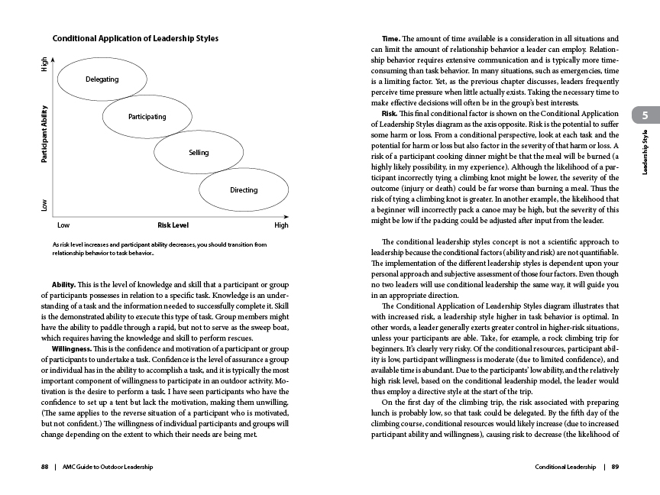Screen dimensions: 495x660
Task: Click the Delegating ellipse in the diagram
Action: [102, 79]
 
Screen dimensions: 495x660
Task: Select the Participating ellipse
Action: [147, 116]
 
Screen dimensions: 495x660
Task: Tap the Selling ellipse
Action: [198, 153]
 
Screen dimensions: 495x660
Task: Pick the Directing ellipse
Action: [243, 189]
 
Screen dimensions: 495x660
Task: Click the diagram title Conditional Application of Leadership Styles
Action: [135, 38]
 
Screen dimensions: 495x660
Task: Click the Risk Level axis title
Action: [173, 225]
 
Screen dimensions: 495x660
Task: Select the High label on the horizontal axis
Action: [281, 225]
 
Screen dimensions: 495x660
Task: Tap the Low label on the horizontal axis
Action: [63, 225]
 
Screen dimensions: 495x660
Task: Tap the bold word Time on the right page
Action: [391, 38]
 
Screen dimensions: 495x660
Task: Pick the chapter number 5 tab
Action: [645, 115]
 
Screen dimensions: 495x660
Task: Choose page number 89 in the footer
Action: [615, 467]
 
